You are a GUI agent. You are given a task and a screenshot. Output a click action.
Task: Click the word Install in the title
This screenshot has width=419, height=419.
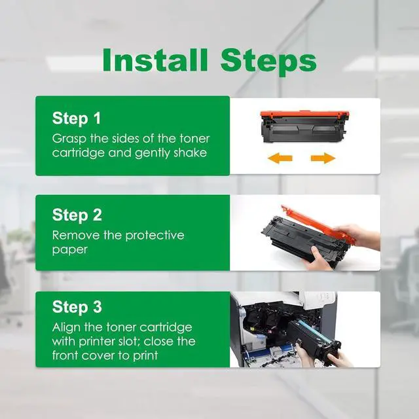pyautogui.click(x=155, y=60)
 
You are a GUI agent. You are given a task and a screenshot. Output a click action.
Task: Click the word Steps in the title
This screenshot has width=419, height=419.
pyautogui.click(x=268, y=62)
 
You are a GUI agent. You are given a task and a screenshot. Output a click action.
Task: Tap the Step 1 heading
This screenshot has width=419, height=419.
pyautogui.click(x=77, y=118)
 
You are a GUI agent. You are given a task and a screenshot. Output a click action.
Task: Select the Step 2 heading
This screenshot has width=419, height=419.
pyautogui.click(x=77, y=215)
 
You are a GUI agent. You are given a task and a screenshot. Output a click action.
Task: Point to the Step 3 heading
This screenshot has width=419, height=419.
pyautogui.click(x=77, y=306)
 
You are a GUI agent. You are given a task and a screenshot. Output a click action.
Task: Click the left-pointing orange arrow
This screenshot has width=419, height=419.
pyautogui.click(x=280, y=158)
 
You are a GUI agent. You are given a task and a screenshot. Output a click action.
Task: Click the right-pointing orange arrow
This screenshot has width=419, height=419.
pyautogui.click(x=323, y=158)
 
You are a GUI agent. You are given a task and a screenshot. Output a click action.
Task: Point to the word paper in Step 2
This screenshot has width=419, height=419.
pyautogui.click(x=70, y=250)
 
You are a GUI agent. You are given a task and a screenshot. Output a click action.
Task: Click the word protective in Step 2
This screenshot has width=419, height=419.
pyautogui.click(x=155, y=236)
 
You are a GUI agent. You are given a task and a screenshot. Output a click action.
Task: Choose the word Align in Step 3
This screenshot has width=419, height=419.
pyautogui.click(x=66, y=327)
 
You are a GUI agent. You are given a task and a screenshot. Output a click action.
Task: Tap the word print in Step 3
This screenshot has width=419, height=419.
pyautogui.click(x=145, y=356)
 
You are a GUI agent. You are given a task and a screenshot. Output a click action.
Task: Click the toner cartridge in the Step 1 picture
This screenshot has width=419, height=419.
pyautogui.click(x=304, y=126)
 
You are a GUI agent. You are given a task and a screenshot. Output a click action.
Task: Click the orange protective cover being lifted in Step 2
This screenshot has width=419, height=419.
pyautogui.click(x=318, y=224)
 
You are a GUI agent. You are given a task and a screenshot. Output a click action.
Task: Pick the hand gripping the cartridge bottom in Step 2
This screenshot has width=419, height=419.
pyautogui.click(x=317, y=258)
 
